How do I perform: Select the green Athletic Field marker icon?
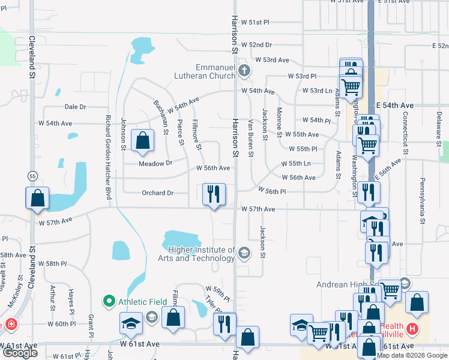point(109,301)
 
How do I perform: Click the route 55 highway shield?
point(32,176)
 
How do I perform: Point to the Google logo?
point(20,353)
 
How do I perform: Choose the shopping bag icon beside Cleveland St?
point(37,198)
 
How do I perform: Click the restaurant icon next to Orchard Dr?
point(214,194)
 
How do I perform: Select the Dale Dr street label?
point(75,107)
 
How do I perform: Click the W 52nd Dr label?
point(257,45)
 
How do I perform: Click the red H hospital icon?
point(412,329)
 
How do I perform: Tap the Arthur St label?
point(53,298)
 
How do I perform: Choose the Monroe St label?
point(279,122)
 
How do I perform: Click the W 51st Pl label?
point(255,22)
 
